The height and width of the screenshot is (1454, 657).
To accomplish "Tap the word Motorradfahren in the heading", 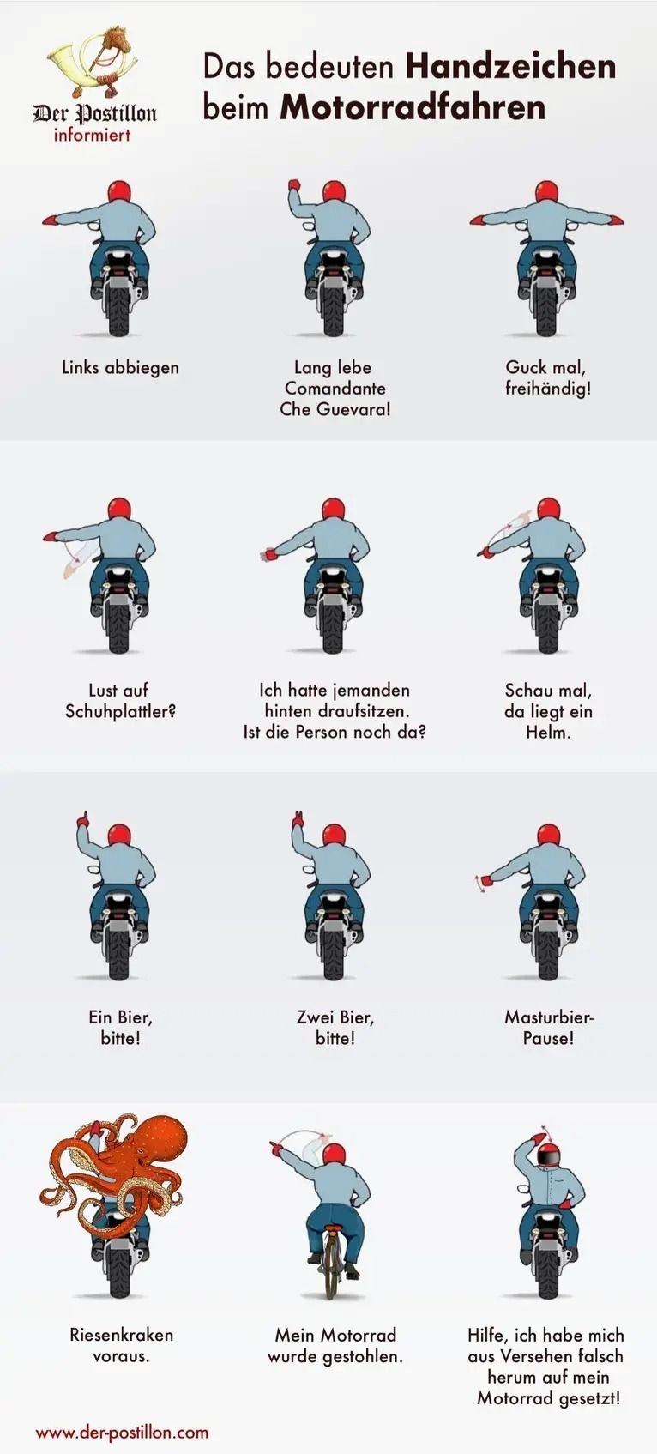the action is pyautogui.click(x=413, y=108).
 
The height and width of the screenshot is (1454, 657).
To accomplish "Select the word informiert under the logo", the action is pyautogui.click(x=92, y=135).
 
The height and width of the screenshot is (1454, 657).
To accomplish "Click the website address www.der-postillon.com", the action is pyautogui.click(x=122, y=1432).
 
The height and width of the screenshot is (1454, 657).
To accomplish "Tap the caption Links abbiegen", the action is pyautogui.click(x=120, y=367).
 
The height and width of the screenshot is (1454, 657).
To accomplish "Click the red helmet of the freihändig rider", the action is pyautogui.click(x=546, y=192).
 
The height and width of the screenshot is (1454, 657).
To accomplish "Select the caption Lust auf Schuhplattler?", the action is pyautogui.click(x=120, y=701).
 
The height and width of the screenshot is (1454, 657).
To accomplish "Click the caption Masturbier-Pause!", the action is pyautogui.click(x=549, y=1028).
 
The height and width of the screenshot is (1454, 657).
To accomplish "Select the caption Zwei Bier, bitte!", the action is pyautogui.click(x=335, y=1028).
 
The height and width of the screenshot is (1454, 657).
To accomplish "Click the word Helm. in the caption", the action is pyautogui.click(x=549, y=733).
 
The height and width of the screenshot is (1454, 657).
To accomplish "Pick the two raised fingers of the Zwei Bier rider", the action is pyautogui.click(x=298, y=817).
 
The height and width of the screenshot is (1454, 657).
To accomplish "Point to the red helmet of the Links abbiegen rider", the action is pyautogui.click(x=119, y=192).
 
